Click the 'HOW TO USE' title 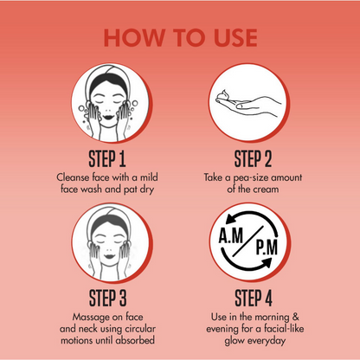coord(180,38)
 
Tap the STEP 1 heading coord(107,159)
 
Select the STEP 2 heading coord(253,159)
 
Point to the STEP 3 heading coord(107,299)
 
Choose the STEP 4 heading coord(254,299)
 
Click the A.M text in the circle coord(231,235)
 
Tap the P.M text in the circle coord(267,247)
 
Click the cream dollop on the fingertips coord(225,94)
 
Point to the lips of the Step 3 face coord(109,256)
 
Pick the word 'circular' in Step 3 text coord(140,329)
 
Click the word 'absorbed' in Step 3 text coord(135,340)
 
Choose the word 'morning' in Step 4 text coord(272,318)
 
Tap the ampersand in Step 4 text coord(296,317)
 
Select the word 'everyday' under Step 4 coord(267,341)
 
